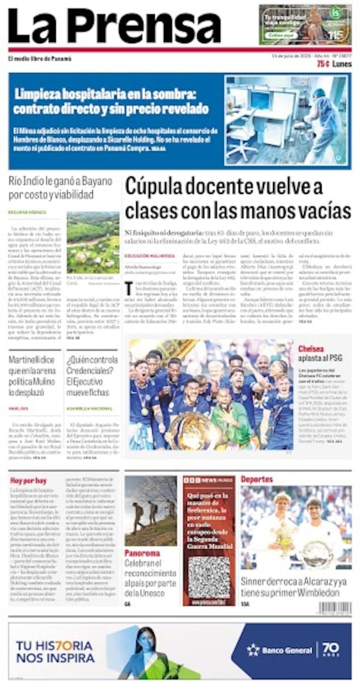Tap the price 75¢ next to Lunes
[323, 64]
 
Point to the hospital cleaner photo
[287, 119]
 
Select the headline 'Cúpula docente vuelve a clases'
[238, 199]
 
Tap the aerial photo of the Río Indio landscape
[93, 242]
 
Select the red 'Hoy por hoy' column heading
[28, 481]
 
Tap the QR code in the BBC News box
[209, 577]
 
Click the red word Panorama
[142, 553]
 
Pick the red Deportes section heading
[257, 480]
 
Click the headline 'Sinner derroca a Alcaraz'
[294, 587]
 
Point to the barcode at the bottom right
[334, 608]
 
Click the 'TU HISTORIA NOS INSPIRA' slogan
[55, 651]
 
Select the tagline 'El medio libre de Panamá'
[40, 59]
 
